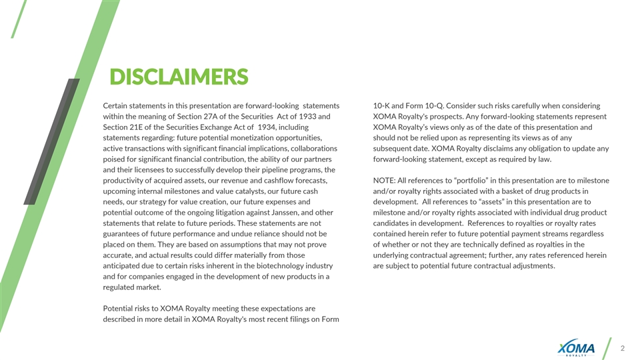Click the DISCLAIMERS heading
[179, 77]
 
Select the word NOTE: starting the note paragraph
[385, 181]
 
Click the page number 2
[623, 348]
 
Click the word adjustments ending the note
[530, 267]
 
